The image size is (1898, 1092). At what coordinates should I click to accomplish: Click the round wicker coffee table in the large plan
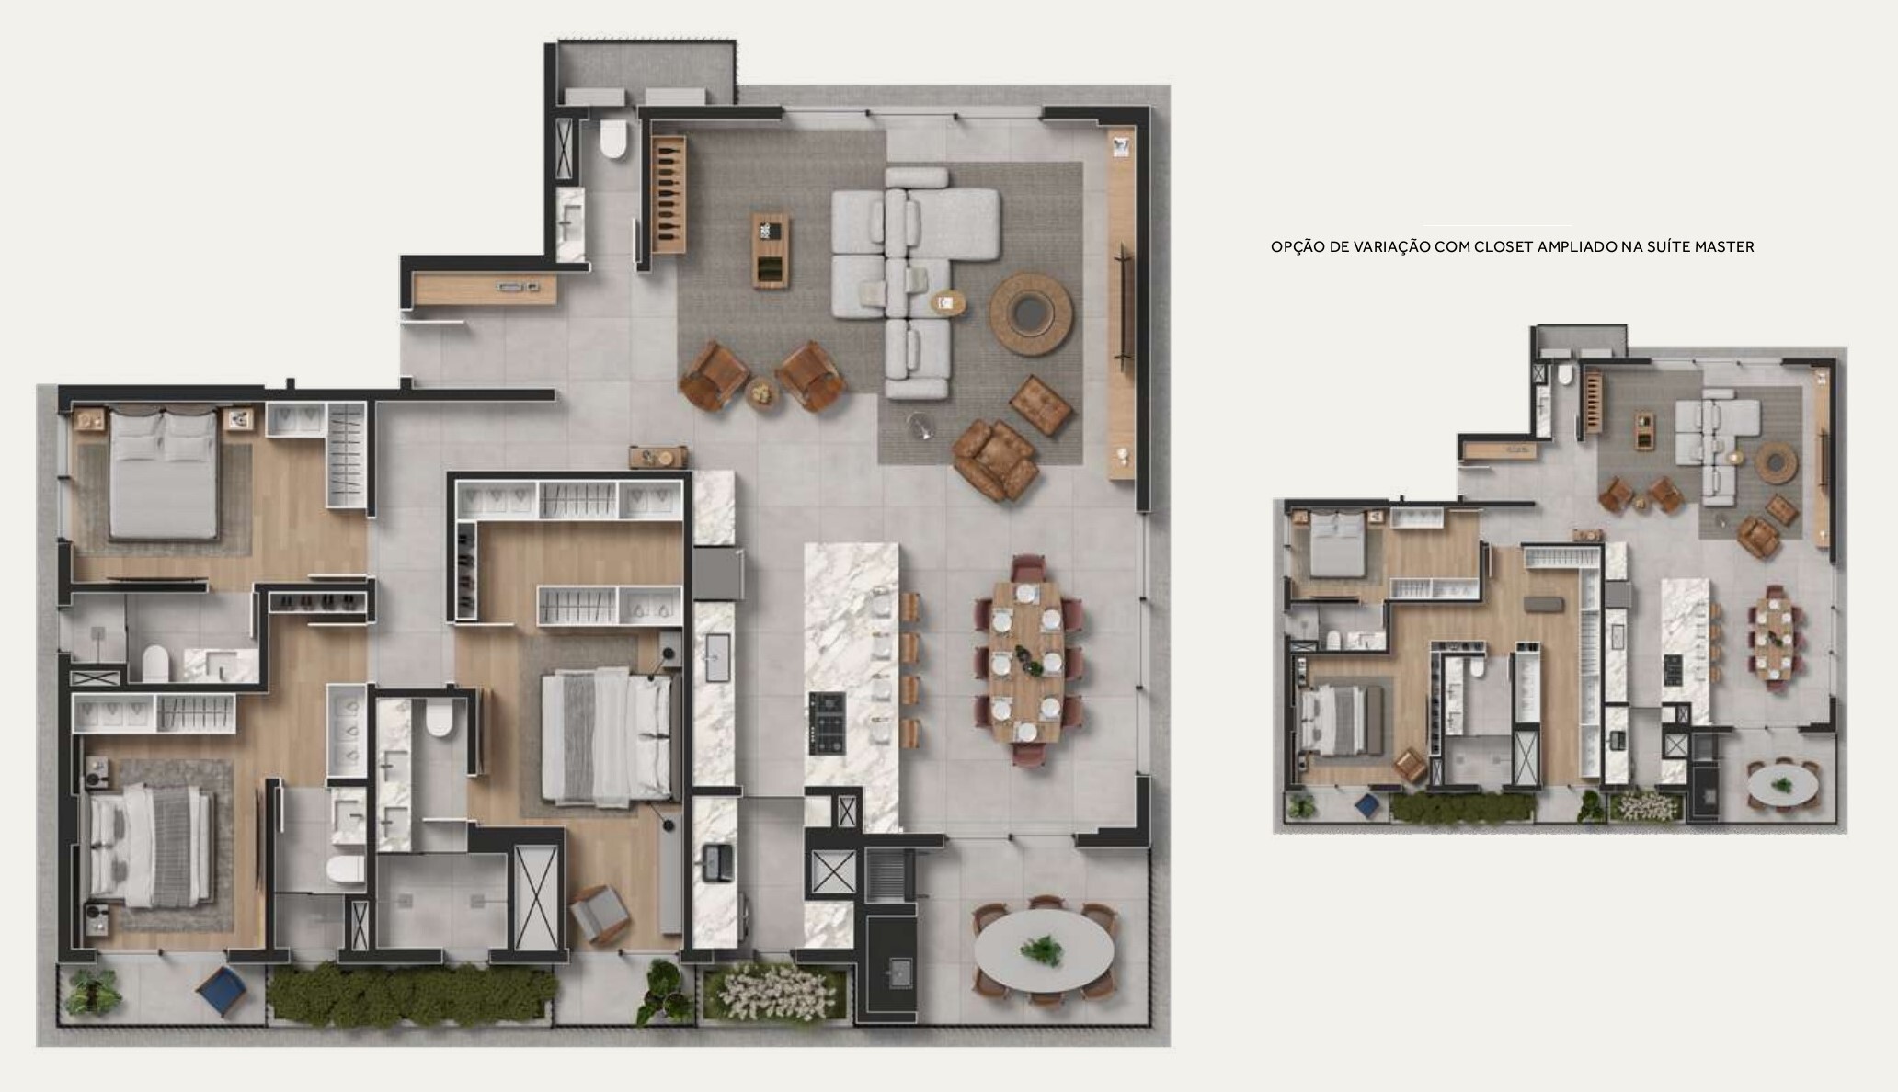pos(1032,313)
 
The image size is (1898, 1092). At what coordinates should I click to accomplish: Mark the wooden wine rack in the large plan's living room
pos(669,194)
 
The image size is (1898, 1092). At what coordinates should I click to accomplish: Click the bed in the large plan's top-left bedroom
pos(164,473)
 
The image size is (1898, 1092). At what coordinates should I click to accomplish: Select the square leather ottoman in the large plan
pos(1040,405)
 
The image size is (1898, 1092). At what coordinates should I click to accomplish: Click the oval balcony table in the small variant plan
pos(1782,783)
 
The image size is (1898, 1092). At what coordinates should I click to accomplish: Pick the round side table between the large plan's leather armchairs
pos(761,392)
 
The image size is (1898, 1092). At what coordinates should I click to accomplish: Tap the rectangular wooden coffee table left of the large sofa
pos(771,252)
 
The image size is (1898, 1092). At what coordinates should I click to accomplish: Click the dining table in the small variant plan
pos(1771,637)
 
